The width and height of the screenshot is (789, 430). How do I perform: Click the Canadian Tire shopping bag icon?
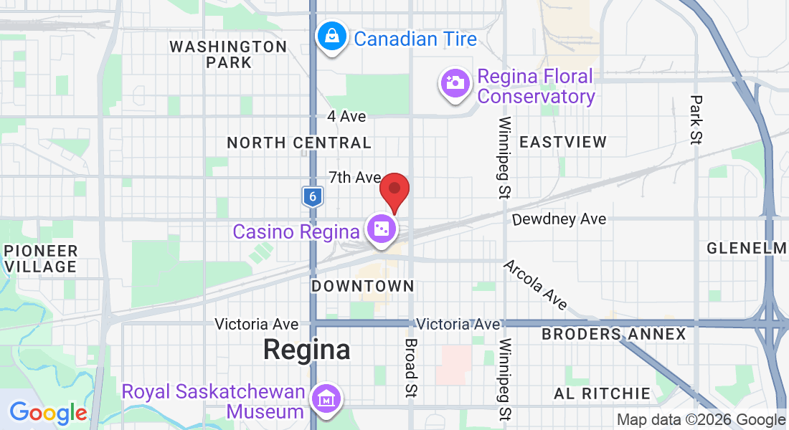click(x=333, y=37)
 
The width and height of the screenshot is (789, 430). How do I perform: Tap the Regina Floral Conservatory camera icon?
click(x=454, y=82)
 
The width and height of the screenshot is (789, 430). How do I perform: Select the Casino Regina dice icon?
click(x=381, y=229)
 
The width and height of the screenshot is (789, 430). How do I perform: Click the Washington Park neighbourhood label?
click(x=228, y=54)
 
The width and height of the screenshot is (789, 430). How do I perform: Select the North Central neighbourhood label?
click(x=299, y=143)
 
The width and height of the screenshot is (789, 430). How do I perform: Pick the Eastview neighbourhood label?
click(x=563, y=142)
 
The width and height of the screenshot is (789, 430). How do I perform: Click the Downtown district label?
click(x=363, y=286)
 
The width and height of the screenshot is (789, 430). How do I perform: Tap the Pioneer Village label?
click(x=40, y=259)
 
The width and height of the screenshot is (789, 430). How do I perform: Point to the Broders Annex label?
click(x=613, y=334)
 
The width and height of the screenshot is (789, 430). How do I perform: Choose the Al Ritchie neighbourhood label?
click(x=602, y=393)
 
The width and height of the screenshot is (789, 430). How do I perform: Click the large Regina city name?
click(x=306, y=350)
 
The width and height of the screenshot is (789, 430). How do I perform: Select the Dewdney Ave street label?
click(x=559, y=219)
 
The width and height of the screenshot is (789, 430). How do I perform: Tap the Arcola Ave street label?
click(x=534, y=285)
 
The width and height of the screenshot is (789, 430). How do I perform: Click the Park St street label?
click(x=695, y=118)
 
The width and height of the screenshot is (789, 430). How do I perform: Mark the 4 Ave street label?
click(x=346, y=116)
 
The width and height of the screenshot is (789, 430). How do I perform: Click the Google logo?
click(x=48, y=413)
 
